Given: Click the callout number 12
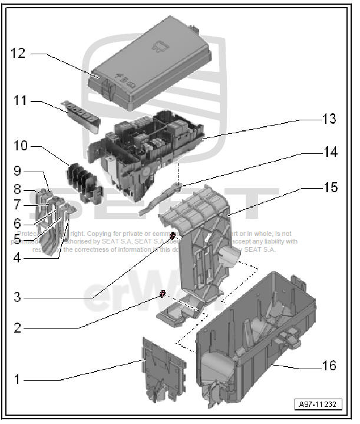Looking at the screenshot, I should pos(18,54).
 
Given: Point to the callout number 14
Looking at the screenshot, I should pos(330,152).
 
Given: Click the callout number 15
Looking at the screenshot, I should pos(330,188).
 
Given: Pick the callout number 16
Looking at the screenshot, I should pos(329,366).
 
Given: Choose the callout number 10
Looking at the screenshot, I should pos(21,145).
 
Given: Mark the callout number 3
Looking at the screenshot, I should pos(17,297).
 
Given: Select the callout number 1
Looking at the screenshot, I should pos(17,379).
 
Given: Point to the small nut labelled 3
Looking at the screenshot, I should pos(173,237).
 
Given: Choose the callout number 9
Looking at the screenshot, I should pos(17,172).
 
